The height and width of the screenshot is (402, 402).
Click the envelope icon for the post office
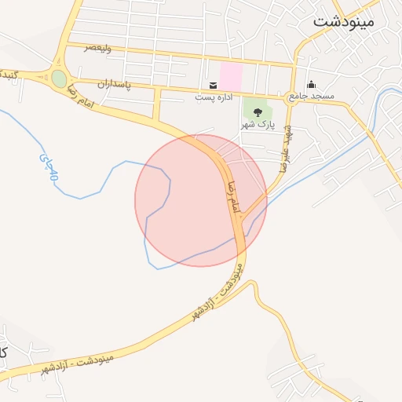(213, 85)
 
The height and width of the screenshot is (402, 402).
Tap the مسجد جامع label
(311, 96)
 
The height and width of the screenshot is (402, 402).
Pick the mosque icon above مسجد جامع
(311, 85)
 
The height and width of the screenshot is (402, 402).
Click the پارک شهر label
(258, 124)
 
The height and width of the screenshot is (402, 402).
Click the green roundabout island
(59, 78)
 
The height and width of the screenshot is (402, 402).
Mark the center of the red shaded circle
(201, 200)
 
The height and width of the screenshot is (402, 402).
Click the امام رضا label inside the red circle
(231, 197)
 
